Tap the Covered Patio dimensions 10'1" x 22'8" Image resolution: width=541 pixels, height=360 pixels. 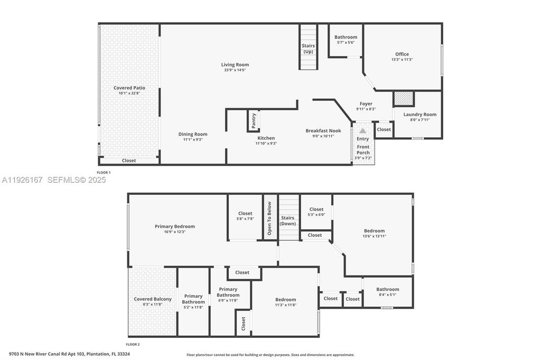coord(129,93)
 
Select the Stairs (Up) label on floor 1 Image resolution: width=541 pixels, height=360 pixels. coord(308,49)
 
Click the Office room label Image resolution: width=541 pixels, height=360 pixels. coord(402,54)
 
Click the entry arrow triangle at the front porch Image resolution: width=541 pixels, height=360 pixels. coord(362,130)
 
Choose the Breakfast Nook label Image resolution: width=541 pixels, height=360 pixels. coord(323,130)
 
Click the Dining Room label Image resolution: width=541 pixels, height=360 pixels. coord(192,134)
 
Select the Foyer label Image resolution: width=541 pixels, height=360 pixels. coord(366,104)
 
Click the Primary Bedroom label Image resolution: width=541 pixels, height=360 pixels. coord(174,226)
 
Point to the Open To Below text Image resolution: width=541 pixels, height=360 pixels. coord(269,218)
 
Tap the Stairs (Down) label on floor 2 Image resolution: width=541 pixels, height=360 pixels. coord(288,220)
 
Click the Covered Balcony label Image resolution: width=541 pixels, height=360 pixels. coord(152,299)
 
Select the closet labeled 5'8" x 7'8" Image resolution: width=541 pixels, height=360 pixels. coord(245,216)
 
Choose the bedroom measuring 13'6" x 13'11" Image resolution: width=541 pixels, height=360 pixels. coord(374,233)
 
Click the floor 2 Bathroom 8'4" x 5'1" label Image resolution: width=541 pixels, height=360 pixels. coord(387,291)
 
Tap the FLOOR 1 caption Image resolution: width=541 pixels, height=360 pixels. coord(104,173)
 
